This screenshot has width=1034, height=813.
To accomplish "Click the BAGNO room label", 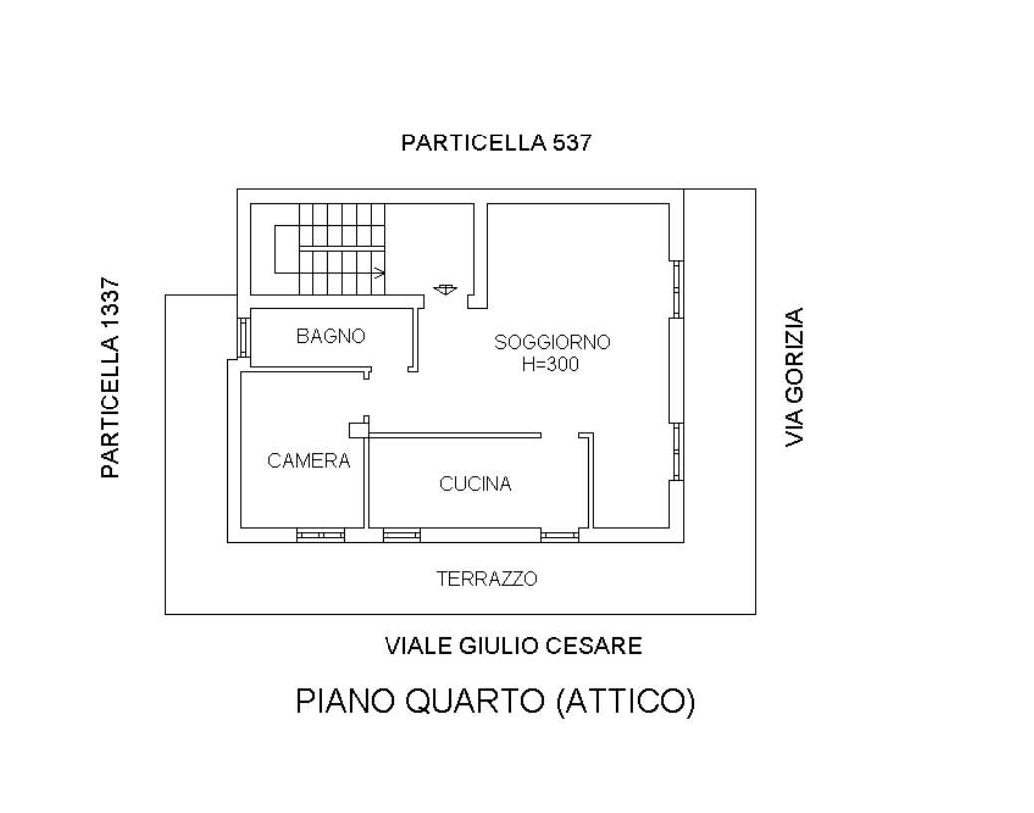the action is pos(330,336).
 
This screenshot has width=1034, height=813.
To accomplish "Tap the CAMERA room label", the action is pos(308,460).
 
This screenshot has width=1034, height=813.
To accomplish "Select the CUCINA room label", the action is pos(475,484).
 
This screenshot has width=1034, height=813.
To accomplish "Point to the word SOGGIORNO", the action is pos(552,342).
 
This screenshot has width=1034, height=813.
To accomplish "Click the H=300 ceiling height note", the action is pos(550,364).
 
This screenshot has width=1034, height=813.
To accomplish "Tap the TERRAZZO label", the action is pos(487,578).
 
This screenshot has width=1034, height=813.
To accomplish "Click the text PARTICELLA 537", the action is pos(496,142).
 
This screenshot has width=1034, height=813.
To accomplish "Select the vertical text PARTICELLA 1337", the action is pos(110,378).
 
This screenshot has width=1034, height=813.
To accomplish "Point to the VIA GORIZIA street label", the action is pos(794,378).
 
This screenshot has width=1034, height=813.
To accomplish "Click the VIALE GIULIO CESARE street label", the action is pos(513,645).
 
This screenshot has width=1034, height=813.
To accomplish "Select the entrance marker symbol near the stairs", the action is pos(446,289).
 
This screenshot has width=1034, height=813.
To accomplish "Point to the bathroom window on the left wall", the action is pos(243,338).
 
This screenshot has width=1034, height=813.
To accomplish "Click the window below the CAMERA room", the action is pos(320,535).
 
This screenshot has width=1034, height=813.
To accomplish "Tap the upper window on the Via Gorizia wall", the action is pos(677,290).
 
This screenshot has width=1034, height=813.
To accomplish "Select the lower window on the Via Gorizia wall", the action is pos(677,451).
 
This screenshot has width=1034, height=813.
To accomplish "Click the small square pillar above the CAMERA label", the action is pos(358,430).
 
